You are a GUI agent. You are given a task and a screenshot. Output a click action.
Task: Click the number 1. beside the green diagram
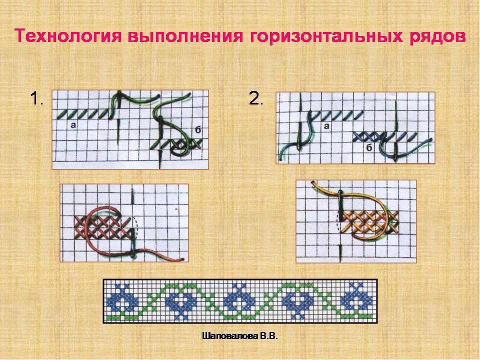pos(36,99)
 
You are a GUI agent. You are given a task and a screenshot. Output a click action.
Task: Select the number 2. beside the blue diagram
pos(256,99)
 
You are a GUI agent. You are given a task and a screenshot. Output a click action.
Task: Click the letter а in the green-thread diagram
pos(73,125)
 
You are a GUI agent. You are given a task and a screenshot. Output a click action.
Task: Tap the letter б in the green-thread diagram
pos(198,130)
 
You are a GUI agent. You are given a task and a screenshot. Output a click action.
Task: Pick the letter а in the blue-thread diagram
pos(326,126)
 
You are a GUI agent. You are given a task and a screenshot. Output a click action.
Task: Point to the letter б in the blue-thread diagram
pos(369,148)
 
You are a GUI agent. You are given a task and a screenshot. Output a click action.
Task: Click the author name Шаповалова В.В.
pos(239,336)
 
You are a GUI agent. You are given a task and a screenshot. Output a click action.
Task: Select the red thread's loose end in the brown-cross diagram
pos(182,259)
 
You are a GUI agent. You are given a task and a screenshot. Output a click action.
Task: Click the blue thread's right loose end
pos(430,140)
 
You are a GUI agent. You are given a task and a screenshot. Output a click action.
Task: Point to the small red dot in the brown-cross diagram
pos(176,209)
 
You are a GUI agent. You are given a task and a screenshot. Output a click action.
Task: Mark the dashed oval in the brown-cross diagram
pos(137,227)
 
